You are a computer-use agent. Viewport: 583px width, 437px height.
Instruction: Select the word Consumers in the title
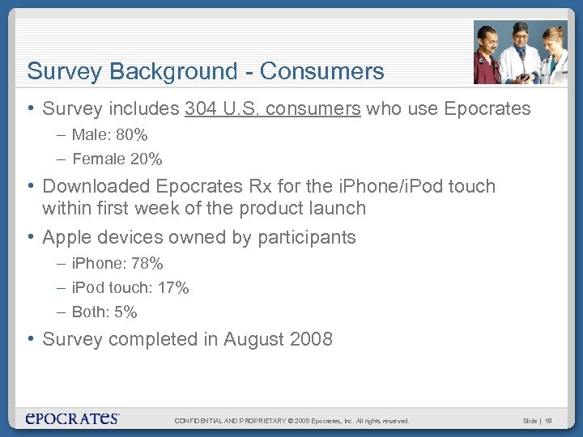(328, 71)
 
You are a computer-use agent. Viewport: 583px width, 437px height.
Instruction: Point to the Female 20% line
(117, 159)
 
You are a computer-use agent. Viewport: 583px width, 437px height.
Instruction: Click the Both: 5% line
(104, 312)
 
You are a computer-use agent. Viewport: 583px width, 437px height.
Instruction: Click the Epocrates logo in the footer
(72, 418)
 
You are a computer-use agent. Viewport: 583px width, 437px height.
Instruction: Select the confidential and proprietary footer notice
(292, 421)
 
